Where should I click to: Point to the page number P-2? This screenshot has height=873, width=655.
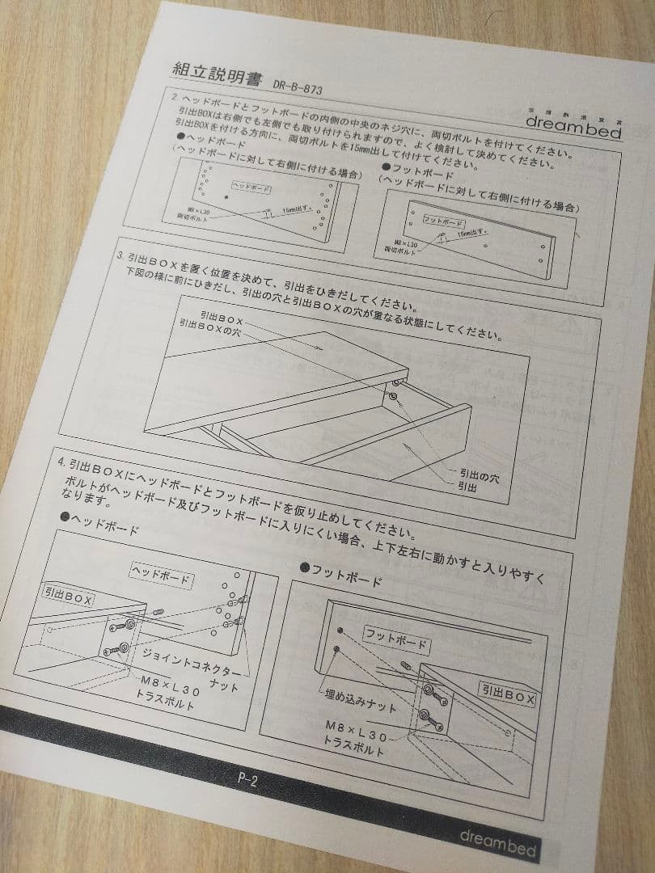tap(247, 780)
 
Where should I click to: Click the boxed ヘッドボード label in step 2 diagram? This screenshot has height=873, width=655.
tap(251, 188)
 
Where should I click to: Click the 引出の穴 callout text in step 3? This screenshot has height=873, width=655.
tap(479, 478)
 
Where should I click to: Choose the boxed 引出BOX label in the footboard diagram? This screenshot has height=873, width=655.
tap(507, 693)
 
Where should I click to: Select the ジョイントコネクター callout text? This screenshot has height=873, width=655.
tap(191, 661)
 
